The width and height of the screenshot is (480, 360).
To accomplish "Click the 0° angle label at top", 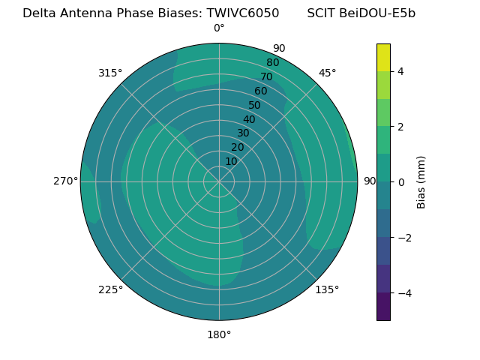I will click(219, 28).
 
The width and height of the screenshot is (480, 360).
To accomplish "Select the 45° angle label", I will click(327, 73).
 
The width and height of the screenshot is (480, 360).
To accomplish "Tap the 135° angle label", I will click(327, 289).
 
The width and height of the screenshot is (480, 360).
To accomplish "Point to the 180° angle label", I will click(219, 334).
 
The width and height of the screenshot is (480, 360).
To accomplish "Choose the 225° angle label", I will click(110, 289).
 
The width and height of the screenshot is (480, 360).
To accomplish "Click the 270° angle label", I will click(65, 181).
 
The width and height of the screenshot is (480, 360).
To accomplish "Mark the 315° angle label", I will click(110, 73).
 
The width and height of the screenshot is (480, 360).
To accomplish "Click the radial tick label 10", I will click(231, 161).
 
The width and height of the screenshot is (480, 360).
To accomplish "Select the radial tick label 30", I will click(243, 133).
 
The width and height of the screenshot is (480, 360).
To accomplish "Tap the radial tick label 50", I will click(254, 106).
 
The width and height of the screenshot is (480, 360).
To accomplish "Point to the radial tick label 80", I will click(272, 63).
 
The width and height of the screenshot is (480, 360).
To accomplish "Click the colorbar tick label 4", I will click(400, 71).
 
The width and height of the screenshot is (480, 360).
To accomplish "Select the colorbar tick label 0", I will click(400, 181).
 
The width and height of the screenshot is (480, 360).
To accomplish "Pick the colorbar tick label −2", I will click(404, 238).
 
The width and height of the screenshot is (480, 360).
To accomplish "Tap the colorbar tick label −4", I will click(404, 293).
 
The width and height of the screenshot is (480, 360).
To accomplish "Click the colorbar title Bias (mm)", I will click(421, 181).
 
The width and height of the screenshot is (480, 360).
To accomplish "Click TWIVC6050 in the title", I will click(238, 13).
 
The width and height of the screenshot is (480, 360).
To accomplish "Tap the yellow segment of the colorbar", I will click(383, 57).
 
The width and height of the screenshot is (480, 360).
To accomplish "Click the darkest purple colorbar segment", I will click(383, 307).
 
